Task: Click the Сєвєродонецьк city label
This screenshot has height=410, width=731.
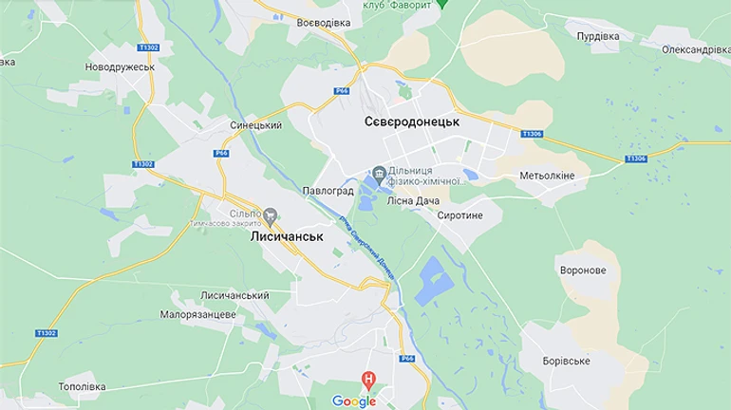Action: click(411, 122)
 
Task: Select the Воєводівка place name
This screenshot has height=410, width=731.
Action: click(323, 22)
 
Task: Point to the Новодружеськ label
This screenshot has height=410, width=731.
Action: click(120, 67)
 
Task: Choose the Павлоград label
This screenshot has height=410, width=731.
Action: click(328, 191)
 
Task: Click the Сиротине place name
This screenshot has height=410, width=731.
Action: click(460, 215)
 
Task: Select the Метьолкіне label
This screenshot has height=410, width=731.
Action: click(549, 176)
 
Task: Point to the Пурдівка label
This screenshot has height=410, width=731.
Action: click(598, 36)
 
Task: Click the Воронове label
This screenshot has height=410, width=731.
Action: click(583, 270)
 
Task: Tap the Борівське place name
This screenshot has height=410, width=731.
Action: click(566, 361)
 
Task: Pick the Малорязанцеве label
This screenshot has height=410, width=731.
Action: click(197, 314)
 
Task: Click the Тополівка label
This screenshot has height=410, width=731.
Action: click(87, 387)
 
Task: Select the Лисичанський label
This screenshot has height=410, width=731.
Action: click(234, 295)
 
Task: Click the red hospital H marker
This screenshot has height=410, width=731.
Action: click(368, 381)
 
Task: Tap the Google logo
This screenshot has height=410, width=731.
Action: click(353, 401)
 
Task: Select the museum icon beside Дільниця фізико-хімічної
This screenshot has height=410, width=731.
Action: click(379, 173)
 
